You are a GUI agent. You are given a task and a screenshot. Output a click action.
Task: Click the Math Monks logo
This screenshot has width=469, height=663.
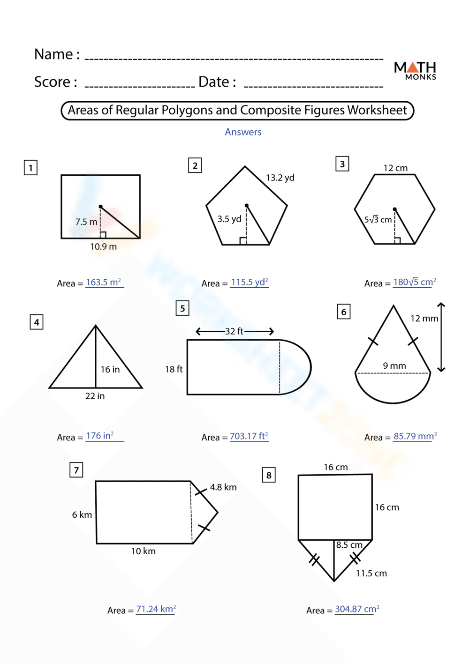click(x=415, y=70)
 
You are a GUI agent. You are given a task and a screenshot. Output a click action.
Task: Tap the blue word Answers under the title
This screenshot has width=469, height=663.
click(x=243, y=132)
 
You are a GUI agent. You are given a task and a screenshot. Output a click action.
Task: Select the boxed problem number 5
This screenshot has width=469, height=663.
click(x=182, y=308)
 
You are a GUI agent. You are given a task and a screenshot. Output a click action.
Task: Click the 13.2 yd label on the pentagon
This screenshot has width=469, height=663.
click(x=280, y=178)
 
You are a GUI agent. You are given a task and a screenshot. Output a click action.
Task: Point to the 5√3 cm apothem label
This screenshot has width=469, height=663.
click(x=378, y=220)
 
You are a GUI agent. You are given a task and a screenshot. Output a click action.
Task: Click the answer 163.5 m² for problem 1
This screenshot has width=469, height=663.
click(x=104, y=283)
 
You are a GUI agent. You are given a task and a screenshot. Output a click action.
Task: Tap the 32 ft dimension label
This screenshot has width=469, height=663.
click(x=234, y=331)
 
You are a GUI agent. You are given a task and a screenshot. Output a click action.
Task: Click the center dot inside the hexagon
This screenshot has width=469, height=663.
click(x=395, y=209)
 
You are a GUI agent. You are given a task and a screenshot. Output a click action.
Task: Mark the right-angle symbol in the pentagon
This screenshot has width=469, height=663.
click(x=243, y=241)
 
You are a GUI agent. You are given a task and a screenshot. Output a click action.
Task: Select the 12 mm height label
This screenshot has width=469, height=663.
click(x=424, y=319)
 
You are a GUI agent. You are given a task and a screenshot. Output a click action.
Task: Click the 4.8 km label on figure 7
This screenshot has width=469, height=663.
click(x=223, y=487)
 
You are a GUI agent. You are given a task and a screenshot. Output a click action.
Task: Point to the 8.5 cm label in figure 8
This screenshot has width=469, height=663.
click(x=349, y=545)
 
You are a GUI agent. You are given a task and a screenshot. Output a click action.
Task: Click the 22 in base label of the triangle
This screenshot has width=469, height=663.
click(x=95, y=396)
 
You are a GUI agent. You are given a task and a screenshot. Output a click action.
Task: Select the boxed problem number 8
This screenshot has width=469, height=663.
click(x=269, y=475)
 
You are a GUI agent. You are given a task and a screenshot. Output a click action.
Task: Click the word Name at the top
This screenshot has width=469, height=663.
click(x=53, y=54)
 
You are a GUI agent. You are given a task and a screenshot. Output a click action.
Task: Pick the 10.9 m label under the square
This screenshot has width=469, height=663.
click(x=103, y=247)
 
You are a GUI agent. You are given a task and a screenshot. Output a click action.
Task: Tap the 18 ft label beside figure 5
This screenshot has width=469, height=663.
click(x=174, y=369)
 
